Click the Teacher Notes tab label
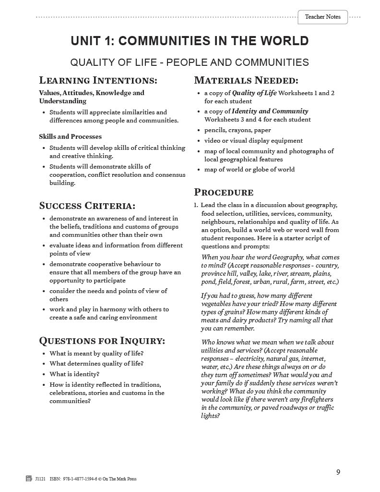322,17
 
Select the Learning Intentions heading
98,80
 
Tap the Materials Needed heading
246,80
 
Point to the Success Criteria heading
87,206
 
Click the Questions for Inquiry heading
102,341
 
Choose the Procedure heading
223,193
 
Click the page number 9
338,472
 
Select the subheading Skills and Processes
70,136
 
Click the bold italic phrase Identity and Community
270,111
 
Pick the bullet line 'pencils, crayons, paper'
237,130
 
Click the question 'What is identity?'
74,374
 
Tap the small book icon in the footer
29,479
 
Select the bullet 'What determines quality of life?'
96,364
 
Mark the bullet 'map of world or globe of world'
249,170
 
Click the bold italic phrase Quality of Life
254,93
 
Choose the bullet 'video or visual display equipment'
253,141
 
